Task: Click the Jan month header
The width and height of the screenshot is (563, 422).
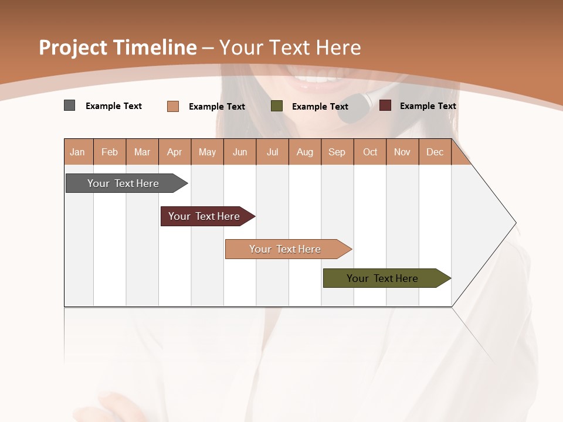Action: coord(78,152)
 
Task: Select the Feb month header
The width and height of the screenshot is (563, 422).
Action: coord(110,152)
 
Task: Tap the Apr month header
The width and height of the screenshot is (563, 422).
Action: coord(175,152)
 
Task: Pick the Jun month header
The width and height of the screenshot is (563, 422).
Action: coord(240,152)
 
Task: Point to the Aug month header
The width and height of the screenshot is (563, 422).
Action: coord(305,152)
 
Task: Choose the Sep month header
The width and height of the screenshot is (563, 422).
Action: coord(337,152)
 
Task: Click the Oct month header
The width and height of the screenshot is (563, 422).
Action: coord(370,152)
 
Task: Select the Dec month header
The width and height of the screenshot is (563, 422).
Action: coord(435,152)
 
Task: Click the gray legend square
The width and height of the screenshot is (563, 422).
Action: coord(70,105)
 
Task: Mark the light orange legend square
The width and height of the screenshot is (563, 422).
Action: coord(173,106)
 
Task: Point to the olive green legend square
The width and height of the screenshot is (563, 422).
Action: coord(277,106)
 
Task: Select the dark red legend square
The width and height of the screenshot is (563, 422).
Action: coord(385,105)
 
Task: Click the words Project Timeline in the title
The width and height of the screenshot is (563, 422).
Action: coord(118,47)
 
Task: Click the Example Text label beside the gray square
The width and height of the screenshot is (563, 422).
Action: coord(114,106)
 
